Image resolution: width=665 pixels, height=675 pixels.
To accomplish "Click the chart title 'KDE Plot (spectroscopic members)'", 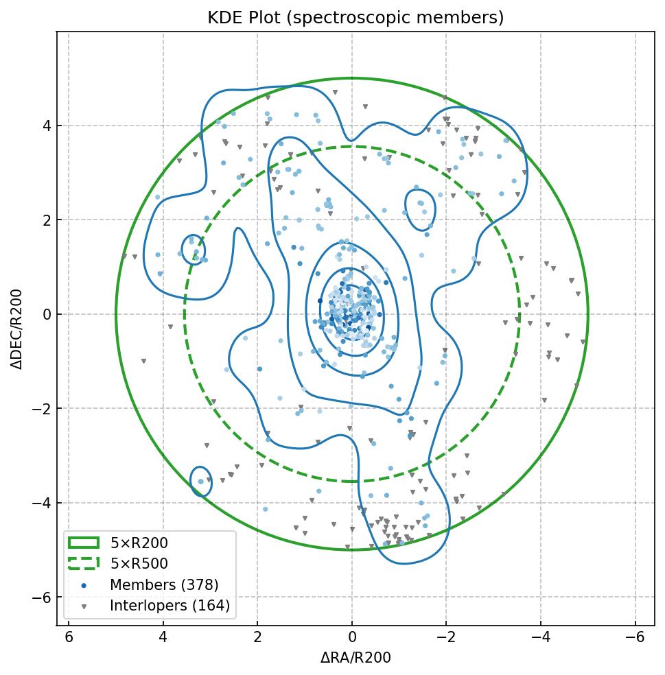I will [x=355, y=18].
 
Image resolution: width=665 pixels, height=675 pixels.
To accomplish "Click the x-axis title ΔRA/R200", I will [x=355, y=658].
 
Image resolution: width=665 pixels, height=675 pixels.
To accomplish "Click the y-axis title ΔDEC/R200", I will [x=18, y=329].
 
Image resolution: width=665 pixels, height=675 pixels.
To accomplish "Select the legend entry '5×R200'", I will [x=139, y=543].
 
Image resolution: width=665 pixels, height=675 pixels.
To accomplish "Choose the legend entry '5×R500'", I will [x=139, y=564].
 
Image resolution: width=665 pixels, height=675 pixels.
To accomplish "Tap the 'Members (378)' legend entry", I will [x=164, y=585].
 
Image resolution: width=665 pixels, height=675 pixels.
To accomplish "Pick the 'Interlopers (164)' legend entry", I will [x=170, y=606].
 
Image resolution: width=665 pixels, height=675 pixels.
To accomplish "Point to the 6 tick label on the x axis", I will [x=69, y=638].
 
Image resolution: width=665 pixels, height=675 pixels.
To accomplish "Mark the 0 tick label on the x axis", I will [x=352, y=638].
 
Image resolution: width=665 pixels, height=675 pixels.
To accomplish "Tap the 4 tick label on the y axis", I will [x=47, y=126].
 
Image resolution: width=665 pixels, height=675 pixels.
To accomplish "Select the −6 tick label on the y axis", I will [x=43, y=597].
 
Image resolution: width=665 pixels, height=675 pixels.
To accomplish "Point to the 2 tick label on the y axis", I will [x=47, y=220].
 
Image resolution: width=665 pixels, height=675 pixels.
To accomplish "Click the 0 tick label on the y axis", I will [x=47, y=315].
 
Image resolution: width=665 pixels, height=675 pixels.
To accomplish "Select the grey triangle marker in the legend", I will [x=84, y=606].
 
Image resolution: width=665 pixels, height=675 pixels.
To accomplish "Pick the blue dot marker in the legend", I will [x=84, y=585].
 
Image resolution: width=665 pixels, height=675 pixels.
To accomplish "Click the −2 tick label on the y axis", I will [x=43, y=409].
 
